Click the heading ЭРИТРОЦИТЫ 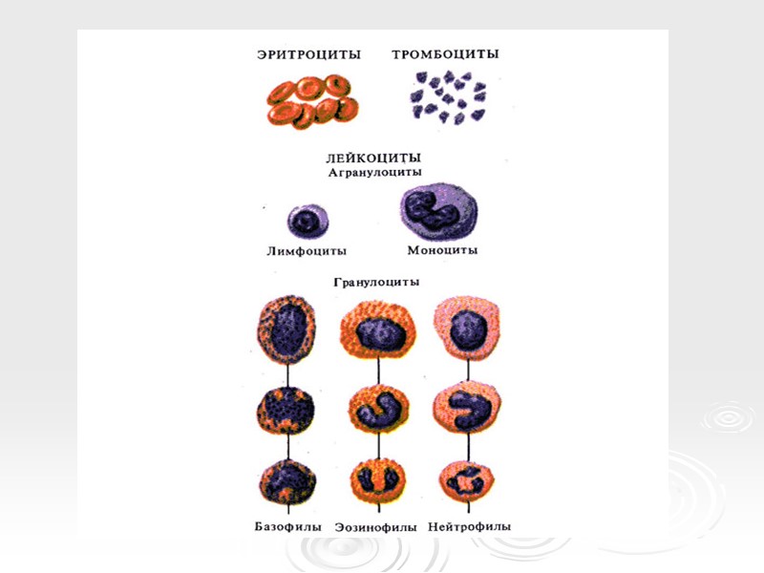(x=308, y=54)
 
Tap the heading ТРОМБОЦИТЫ (x=445, y=54)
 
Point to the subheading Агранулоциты (x=375, y=173)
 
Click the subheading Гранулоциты (x=375, y=283)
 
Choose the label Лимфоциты (x=307, y=251)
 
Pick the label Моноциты (x=442, y=251)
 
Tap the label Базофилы (x=286, y=526)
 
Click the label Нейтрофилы (x=470, y=526)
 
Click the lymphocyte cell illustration (x=308, y=222)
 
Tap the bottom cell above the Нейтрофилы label (x=468, y=482)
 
